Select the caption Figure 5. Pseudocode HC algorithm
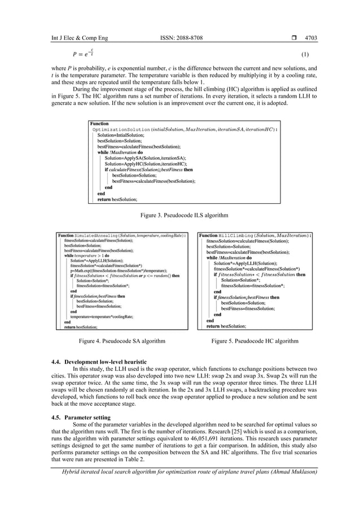pyautogui.click(x=254, y=341)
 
